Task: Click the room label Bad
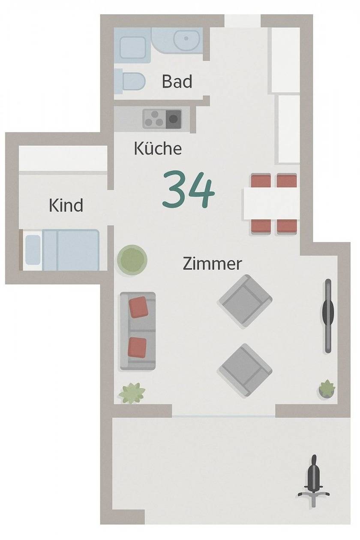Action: (x=177, y=81)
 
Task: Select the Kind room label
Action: (x=66, y=205)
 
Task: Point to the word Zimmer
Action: (x=212, y=264)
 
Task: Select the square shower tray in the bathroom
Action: (x=133, y=48)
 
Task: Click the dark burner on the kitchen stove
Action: (x=173, y=119)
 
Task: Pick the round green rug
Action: (x=132, y=260)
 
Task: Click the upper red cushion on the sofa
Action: (x=138, y=307)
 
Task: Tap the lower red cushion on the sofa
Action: (x=137, y=347)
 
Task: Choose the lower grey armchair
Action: (x=245, y=370)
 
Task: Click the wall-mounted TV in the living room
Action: (x=328, y=316)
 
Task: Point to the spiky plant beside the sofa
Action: (x=132, y=393)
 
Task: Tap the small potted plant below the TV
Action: (x=327, y=389)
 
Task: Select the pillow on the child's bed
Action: (x=33, y=250)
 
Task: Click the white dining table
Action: (x=271, y=203)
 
